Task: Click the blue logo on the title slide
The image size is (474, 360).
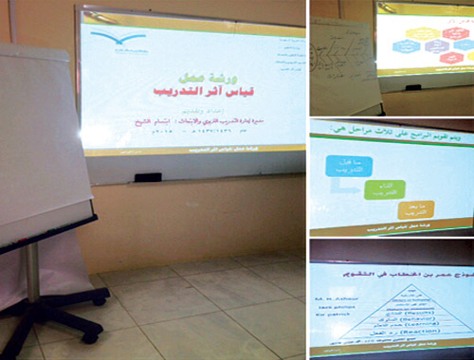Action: coord(124,40)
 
